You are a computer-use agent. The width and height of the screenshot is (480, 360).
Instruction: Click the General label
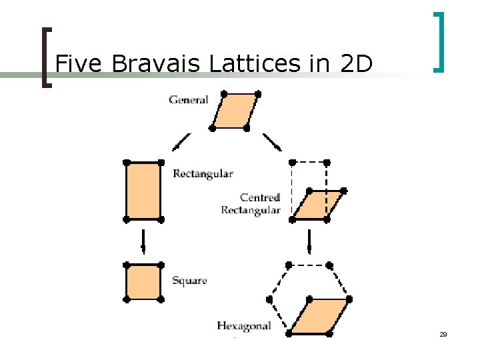coord(188,100)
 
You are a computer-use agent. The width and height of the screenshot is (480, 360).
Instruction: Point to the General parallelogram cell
coord(235,110)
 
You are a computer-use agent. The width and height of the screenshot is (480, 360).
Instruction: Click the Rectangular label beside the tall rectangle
coord(203,174)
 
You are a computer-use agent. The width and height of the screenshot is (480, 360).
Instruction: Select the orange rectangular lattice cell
coord(143,191)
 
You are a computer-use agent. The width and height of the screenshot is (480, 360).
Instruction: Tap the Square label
coord(189,281)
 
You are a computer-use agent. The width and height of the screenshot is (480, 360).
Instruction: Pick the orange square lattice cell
coord(143,282)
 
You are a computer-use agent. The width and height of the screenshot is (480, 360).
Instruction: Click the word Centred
coord(260,197)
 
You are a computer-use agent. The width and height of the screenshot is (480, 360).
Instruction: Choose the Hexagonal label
coord(244,326)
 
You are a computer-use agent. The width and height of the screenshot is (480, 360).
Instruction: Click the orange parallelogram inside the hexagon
coord(319,315)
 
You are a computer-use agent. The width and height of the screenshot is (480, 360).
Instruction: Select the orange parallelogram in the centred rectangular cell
coord(318,205)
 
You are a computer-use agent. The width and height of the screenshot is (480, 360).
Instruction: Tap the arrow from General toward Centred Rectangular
coord(271,142)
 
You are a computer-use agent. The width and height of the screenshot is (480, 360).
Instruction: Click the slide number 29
coord(443,334)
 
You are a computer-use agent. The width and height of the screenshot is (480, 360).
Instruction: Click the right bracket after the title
coord(438,41)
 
